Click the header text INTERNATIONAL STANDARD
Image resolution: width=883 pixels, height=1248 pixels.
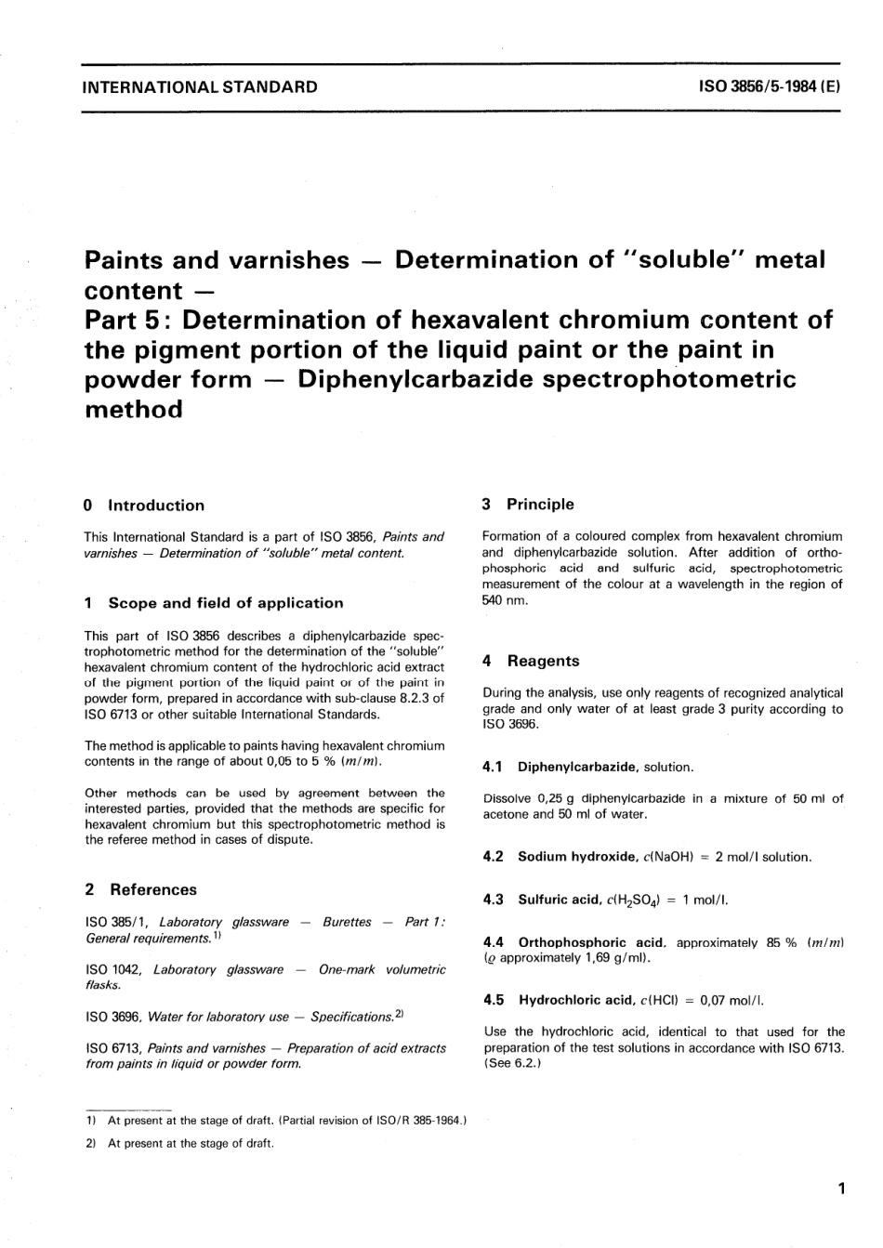[x=200, y=87]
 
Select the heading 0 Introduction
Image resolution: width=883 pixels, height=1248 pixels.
[x=144, y=506]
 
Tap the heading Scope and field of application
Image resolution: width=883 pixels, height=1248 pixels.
[x=226, y=603]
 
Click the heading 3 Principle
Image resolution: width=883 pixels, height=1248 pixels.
[x=528, y=505]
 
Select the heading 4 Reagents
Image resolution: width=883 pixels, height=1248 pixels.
[x=531, y=661]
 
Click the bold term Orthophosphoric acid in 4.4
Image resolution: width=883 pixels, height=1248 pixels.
[x=591, y=942]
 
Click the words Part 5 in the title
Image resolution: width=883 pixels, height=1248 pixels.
[x=126, y=320]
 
